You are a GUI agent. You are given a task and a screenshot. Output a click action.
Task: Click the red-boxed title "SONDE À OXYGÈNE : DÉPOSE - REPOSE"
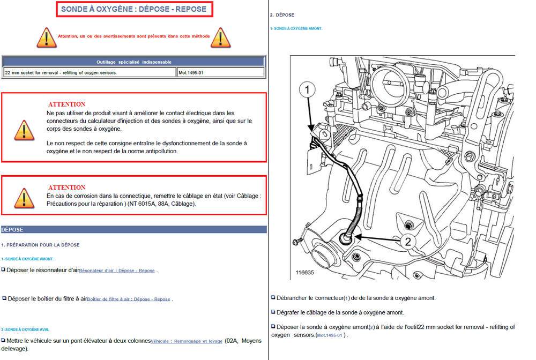pos(134,9)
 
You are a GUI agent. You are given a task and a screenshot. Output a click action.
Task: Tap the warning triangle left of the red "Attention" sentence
pos(47,37)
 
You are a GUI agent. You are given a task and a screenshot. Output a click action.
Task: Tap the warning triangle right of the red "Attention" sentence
pos(220,37)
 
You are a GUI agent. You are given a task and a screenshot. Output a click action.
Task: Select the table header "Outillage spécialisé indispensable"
pos(133,62)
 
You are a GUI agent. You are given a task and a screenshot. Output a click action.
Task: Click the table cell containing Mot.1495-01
pos(220,72)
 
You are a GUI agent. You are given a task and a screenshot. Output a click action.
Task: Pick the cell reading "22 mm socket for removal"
pos(90,72)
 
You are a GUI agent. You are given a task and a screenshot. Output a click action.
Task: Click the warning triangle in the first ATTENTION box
pos(24,131)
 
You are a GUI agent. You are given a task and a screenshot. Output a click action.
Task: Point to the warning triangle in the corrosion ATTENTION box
pos(24,198)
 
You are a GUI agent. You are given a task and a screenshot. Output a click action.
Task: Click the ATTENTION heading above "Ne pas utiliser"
pos(66,104)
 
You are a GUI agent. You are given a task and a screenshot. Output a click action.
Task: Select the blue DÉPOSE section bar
pos(133,229)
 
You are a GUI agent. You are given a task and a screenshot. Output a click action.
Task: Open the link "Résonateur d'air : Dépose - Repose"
pos(117,271)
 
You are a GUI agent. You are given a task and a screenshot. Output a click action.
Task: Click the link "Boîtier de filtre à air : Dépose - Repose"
pos(129,299)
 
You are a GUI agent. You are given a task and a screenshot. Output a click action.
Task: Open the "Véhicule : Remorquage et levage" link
pos(187,341)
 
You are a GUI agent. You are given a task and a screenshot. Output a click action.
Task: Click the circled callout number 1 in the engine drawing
pos(307,89)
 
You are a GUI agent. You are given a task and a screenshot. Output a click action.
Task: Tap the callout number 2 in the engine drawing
pos(408,242)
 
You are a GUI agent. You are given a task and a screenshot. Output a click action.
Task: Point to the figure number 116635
pos(304,273)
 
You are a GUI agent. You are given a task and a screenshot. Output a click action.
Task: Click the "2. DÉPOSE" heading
pos(282,15)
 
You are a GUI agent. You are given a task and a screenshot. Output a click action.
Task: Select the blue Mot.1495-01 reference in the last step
pos(330,335)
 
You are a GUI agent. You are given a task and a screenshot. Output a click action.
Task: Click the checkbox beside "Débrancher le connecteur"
pos(273,297)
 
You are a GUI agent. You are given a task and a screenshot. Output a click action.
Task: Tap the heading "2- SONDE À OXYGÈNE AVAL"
pos(25,329)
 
